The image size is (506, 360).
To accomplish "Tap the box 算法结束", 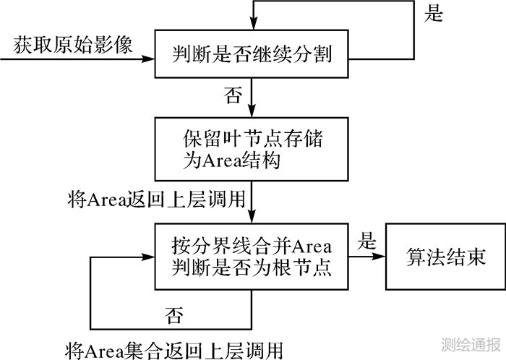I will (x=435, y=256).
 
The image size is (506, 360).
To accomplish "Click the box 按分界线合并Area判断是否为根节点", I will (x=252, y=257).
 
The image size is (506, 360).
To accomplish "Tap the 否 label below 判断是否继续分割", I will (x=233, y=96).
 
